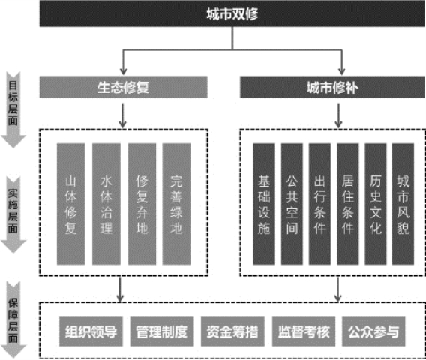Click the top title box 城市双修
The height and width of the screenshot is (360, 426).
[x=232, y=13]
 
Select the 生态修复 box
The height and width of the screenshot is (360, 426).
[x=124, y=87]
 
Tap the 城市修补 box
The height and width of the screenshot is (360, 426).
[x=332, y=87]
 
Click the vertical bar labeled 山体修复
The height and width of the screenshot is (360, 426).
[x=71, y=204]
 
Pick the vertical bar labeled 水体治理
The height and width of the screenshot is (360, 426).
[x=106, y=204]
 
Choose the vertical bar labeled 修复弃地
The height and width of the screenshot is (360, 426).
[x=142, y=204]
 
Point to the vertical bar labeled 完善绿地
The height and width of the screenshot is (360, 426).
[x=176, y=204]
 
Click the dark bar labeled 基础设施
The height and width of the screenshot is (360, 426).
[x=264, y=204]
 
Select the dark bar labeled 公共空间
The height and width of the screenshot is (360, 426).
[x=292, y=204]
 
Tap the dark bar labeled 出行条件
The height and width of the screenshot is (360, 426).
[x=319, y=204]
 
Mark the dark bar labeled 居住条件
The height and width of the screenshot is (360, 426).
[x=348, y=204]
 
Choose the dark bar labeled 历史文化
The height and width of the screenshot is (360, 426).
[x=376, y=204]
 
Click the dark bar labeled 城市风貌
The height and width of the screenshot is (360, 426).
[x=403, y=204]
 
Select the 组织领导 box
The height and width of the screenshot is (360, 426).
[x=91, y=331]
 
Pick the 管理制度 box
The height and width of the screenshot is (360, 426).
[x=162, y=331]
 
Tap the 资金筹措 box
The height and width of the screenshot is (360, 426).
[x=232, y=331]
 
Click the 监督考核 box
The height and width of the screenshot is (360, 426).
[x=304, y=331]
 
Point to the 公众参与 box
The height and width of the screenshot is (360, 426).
[x=373, y=331]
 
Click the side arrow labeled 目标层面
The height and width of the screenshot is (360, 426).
[x=13, y=110]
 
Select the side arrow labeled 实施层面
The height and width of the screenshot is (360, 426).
[x=13, y=215]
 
